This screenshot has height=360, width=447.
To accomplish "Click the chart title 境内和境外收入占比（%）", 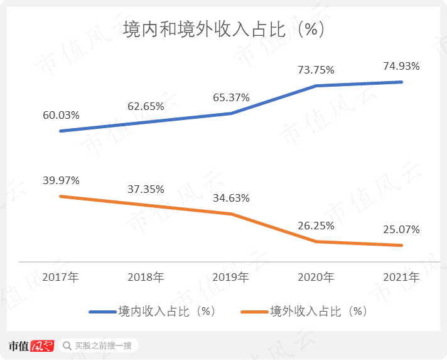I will click(x=223, y=30).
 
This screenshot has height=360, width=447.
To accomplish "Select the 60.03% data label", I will click(x=61, y=115).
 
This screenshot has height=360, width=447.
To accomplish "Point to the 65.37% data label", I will click(x=231, y=97).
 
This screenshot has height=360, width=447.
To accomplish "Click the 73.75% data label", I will click(x=316, y=70).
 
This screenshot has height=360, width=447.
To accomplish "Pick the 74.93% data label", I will click(x=401, y=66).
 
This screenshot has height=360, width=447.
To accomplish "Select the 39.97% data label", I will click(x=61, y=180).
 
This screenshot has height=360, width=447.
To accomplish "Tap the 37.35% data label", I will click(x=146, y=189).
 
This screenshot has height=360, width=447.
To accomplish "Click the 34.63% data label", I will click(x=231, y=198).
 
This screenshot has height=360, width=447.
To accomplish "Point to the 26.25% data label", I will click(x=316, y=226).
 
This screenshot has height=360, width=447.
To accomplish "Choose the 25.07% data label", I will click(x=401, y=229).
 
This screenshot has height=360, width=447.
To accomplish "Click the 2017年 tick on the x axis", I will click(x=61, y=276).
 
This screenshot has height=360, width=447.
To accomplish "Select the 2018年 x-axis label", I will click(x=146, y=276).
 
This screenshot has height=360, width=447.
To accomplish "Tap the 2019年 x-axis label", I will click(x=231, y=276).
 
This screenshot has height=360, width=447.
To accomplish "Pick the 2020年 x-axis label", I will click(x=316, y=276).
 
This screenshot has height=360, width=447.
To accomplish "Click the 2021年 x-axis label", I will click(x=401, y=276).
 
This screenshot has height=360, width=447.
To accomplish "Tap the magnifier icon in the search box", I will click(x=67, y=346).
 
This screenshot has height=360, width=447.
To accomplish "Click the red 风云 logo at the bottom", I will click(x=43, y=346).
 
